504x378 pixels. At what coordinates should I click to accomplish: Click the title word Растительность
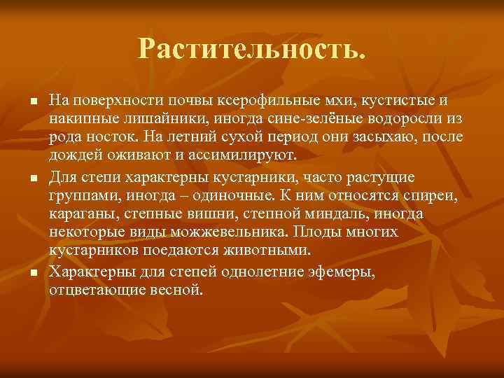click(x=252, y=48)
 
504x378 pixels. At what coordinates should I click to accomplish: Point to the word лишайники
click(x=156, y=119)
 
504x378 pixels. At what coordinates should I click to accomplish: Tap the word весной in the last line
click(x=176, y=288)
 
